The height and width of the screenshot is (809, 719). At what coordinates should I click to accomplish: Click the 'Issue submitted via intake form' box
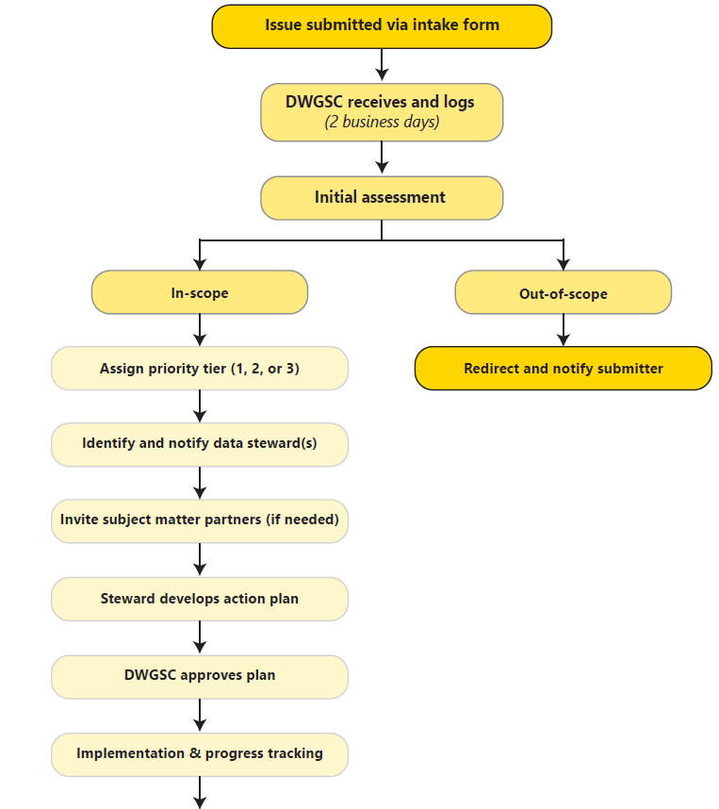pyautogui.click(x=381, y=25)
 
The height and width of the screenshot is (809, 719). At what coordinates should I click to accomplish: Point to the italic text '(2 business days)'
pyautogui.click(x=381, y=123)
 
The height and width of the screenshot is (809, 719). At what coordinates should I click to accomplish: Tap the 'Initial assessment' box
pyautogui.click(x=381, y=198)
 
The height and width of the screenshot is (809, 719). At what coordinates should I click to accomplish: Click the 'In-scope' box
pyautogui.click(x=200, y=293)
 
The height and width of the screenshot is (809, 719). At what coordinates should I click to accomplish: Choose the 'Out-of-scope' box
pyautogui.click(x=563, y=293)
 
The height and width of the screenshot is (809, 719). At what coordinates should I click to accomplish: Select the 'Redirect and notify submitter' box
pyautogui.click(x=563, y=369)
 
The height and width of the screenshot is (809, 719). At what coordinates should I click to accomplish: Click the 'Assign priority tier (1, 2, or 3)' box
pyautogui.click(x=200, y=369)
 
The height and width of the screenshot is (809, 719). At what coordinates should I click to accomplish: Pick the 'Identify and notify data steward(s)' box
pyautogui.click(x=200, y=444)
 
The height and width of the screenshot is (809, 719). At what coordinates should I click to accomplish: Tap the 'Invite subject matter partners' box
pyautogui.click(x=200, y=520)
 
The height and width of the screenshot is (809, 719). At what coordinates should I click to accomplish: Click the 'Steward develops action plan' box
pyautogui.click(x=200, y=599)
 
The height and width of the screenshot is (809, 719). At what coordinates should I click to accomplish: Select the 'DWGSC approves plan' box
pyautogui.click(x=200, y=676)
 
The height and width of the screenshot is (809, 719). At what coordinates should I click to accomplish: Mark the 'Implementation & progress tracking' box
pyautogui.click(x=200, y=754)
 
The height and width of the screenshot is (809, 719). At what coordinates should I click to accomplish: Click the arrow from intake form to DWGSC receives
pyautogui.click(x=382, y=65)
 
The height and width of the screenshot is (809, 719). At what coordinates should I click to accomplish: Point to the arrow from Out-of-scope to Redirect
pyautogui.click(x=564, y=330)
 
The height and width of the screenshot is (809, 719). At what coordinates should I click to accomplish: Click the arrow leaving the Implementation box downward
pyautogui.click(x=200, y=792)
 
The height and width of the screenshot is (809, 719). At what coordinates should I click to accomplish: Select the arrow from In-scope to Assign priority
pyautogui.click(x=200, y=330)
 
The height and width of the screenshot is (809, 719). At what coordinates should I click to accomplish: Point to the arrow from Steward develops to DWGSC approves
pyautogui.click(x=200, y=637)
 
